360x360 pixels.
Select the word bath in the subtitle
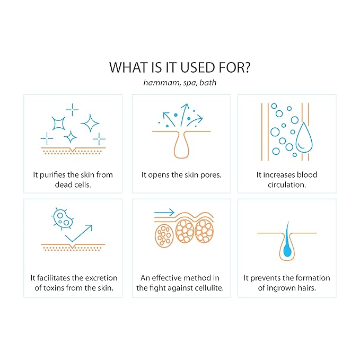click(208, 82)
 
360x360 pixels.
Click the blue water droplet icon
click(304, 137)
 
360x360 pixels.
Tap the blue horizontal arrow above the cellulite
click(164, 213)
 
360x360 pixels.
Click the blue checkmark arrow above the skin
click(79, 233)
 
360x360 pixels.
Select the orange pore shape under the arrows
click(181, 145)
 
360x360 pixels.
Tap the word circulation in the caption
click(286, 185)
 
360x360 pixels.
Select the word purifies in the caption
click(53, 175)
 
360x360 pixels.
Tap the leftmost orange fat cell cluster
click(164, 236)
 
